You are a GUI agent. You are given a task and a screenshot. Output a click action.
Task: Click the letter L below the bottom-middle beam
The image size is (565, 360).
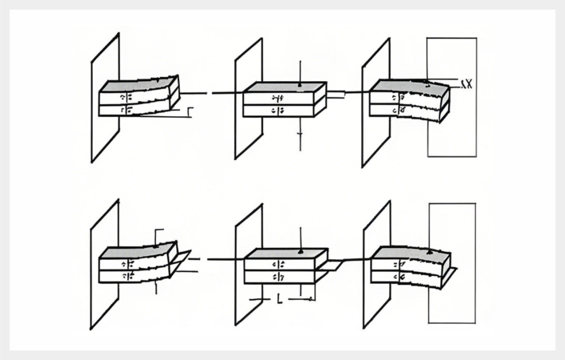(x=279, y=299)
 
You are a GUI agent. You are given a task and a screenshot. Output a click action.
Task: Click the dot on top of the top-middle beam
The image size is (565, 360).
(x=299, y=85)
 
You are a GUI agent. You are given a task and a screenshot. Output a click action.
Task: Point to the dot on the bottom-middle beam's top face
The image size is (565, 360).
(x=301, y=252)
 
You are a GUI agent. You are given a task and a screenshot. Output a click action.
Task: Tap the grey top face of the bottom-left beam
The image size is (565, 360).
(x=139, y=251)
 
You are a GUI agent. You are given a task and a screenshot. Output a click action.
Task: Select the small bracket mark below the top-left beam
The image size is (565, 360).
(x=190, y=111)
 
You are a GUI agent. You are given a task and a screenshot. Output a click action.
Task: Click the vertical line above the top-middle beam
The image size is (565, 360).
(x=300, y=71)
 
